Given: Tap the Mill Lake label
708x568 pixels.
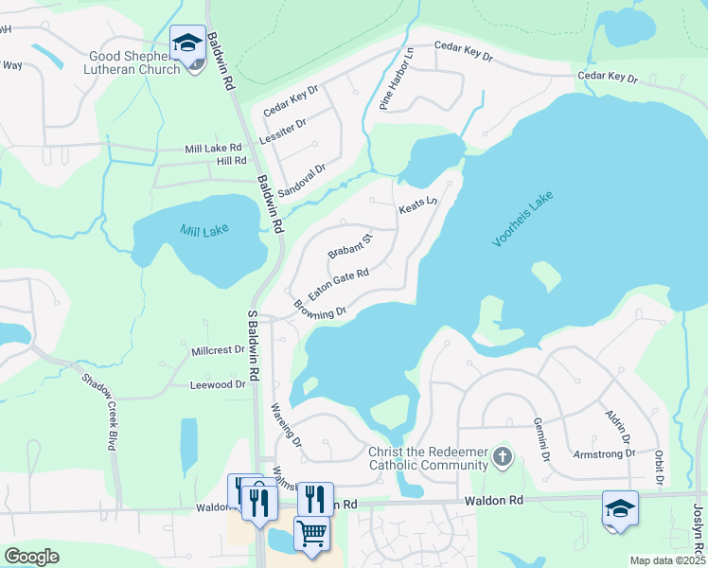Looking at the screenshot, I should (204, 229).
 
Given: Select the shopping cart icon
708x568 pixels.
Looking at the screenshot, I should (311, 533).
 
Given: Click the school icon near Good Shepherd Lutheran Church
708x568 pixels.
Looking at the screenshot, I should (188, 44).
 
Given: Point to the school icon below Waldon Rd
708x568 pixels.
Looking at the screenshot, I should (620, 508).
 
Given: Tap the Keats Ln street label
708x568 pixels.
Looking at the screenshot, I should (417, 204).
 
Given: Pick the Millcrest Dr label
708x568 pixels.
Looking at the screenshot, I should (219, 350).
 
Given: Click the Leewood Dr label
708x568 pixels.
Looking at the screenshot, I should (218, 385).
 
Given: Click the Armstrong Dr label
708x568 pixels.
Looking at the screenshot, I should (605, 454).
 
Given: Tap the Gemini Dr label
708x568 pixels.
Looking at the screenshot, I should (541, 438).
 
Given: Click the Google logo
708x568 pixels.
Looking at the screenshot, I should (31, 557).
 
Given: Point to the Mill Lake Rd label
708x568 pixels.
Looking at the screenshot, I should (214, 149).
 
